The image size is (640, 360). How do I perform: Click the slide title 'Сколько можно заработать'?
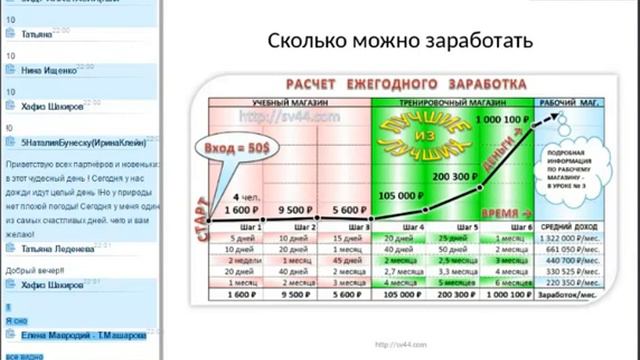pyautogui.click(x=401, y=42)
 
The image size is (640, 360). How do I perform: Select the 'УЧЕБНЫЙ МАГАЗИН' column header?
pyautogui.click(x=286, y=102)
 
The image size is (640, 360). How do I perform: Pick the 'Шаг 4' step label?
pyautogui.click(x=411, y=227)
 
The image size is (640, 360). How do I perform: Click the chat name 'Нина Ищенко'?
pyautogui.click(x=46, y=71)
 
